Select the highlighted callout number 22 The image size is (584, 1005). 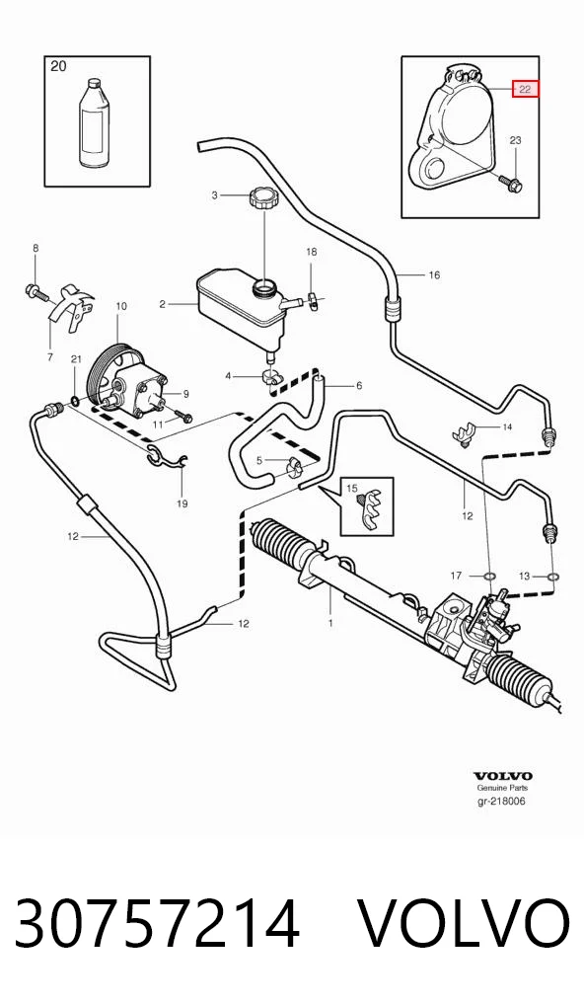tap(525, 90)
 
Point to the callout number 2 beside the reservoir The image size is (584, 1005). tap(163, 304)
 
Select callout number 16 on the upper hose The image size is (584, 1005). tap(434, 275)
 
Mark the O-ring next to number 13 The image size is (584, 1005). tap(552, 577)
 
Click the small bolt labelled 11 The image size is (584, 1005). tap(183, 418)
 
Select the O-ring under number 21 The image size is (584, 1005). tap(75, 401)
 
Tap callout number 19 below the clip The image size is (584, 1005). tap(182, 503)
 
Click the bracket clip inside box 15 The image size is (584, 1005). tap(371, 510)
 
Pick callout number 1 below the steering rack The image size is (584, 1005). tap(330, 622)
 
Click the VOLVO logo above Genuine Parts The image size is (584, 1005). tap(503, 776)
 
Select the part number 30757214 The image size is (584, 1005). tap(158, 923)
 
